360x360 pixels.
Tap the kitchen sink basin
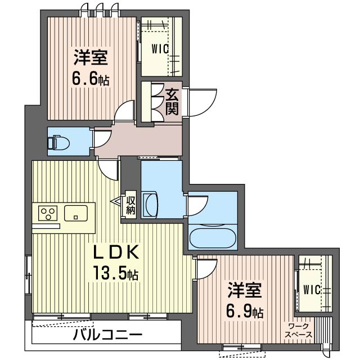pyautogui.click(x=75, y=213)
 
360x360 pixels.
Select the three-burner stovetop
pyautogui.click(x=48, y=213)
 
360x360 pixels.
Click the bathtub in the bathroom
pyautogui.click(x=213, y=237)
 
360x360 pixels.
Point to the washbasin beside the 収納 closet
pyautogui.click(x=150, y=205)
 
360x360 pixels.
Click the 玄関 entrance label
pyautogui.click(x=172, y=102)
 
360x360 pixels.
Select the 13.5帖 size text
pyautogui.click(x=115, y=272)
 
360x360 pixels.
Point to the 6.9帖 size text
pyautogui.click(x=245, y=310)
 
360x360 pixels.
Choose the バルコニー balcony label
pyautogui.click(x=107, y=335)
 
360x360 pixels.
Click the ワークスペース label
pyautogui.click(x=299, y=331)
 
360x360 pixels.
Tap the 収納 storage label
pyautogui.click(x=130, y=205)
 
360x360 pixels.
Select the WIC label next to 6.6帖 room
pyautogui.click(x=160, y=49)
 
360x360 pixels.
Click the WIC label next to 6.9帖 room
pyautogui.click(x=312, y=290)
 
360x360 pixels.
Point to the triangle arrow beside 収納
pyautogui.click(x=117, y=201)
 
